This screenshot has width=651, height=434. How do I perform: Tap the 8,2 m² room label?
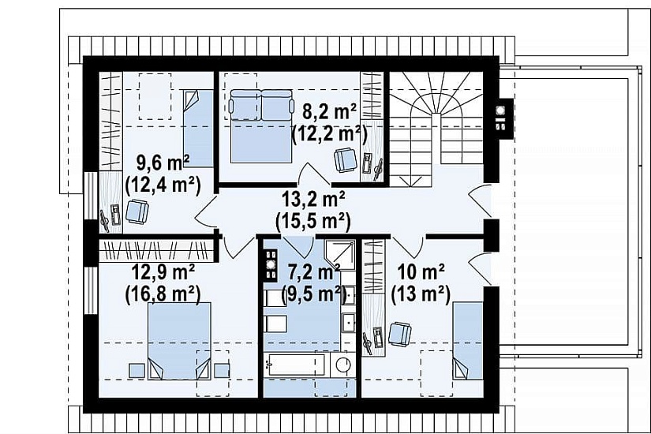(x=329, y=112)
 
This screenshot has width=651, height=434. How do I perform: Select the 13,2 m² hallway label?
(x=313, y=200)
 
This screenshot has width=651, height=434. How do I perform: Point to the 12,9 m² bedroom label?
(x=163, y=272)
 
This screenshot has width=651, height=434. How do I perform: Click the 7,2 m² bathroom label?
(x=314, y=272)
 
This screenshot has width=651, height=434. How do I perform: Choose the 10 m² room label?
(x=421, y=272)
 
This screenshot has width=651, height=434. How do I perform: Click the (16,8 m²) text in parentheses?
(x=163, y=294)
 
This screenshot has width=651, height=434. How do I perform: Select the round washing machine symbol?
(x=344, y=365)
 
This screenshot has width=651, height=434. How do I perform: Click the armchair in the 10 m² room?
(x=400, y=334)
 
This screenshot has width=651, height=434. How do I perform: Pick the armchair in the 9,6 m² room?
(x=137, y=211)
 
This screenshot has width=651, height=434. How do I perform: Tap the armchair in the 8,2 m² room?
(x=346, y=160)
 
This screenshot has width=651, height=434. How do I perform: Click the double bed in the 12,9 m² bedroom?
(x=179, y=341)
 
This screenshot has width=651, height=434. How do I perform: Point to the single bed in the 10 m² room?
(x=468, y=341)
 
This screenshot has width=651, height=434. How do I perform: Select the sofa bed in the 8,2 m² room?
(x=260, y=125)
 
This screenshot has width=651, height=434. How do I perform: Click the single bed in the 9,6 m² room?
(x=198, y=129)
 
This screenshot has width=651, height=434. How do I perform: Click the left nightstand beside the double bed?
(x=137, y=370)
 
